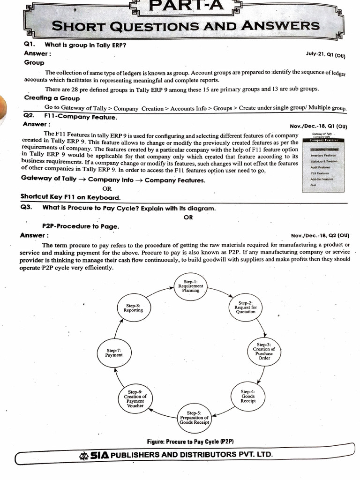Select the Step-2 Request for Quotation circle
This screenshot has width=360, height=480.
coord(246,307)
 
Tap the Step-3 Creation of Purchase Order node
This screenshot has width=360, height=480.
coord(264,352)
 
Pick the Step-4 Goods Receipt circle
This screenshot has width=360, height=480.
coord(247,396)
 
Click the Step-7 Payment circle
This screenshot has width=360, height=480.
coord(114,352)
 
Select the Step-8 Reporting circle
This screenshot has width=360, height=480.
coord(133,308)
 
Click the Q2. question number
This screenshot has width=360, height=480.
coord(30,116)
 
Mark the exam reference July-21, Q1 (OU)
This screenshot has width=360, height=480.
coord(325,55)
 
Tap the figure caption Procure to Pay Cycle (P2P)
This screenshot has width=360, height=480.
coord(190,442)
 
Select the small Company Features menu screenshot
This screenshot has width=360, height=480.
coord(326,160)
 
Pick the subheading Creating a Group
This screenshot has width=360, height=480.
coord(52,98)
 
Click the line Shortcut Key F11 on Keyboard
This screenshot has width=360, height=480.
coord(70,197)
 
